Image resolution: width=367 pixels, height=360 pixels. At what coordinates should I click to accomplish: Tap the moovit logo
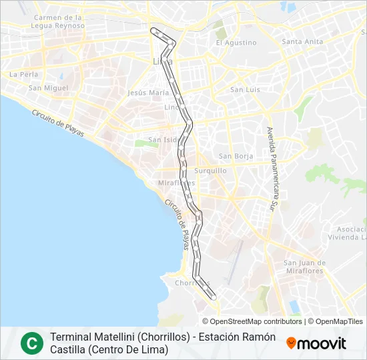[316, 343]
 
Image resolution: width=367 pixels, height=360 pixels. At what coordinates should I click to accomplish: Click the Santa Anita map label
[303, 41]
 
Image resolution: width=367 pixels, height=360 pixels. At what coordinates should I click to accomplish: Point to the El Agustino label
[236, 43]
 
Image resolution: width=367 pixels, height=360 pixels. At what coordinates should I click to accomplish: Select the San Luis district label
[245, 89]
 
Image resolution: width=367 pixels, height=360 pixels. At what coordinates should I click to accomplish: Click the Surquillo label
[211, 171]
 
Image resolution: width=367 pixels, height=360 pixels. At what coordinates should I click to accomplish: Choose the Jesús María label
[148, 93]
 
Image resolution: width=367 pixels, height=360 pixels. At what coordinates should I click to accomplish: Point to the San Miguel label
[48, 87]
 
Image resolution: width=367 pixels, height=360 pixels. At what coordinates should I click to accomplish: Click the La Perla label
[23, 74]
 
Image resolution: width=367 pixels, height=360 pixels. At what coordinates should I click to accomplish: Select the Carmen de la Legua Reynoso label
[58, 21]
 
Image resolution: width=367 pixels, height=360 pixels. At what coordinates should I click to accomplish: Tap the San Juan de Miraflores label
[304, 266]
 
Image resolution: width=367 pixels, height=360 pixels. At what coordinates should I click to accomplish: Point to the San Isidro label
[164, 140]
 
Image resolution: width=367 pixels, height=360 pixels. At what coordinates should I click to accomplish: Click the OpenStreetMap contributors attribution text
[247, 321]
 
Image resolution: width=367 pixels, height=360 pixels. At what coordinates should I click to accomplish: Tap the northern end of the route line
[154, 29]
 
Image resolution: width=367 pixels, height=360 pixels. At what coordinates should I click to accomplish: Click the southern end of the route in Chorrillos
[214, 298]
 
